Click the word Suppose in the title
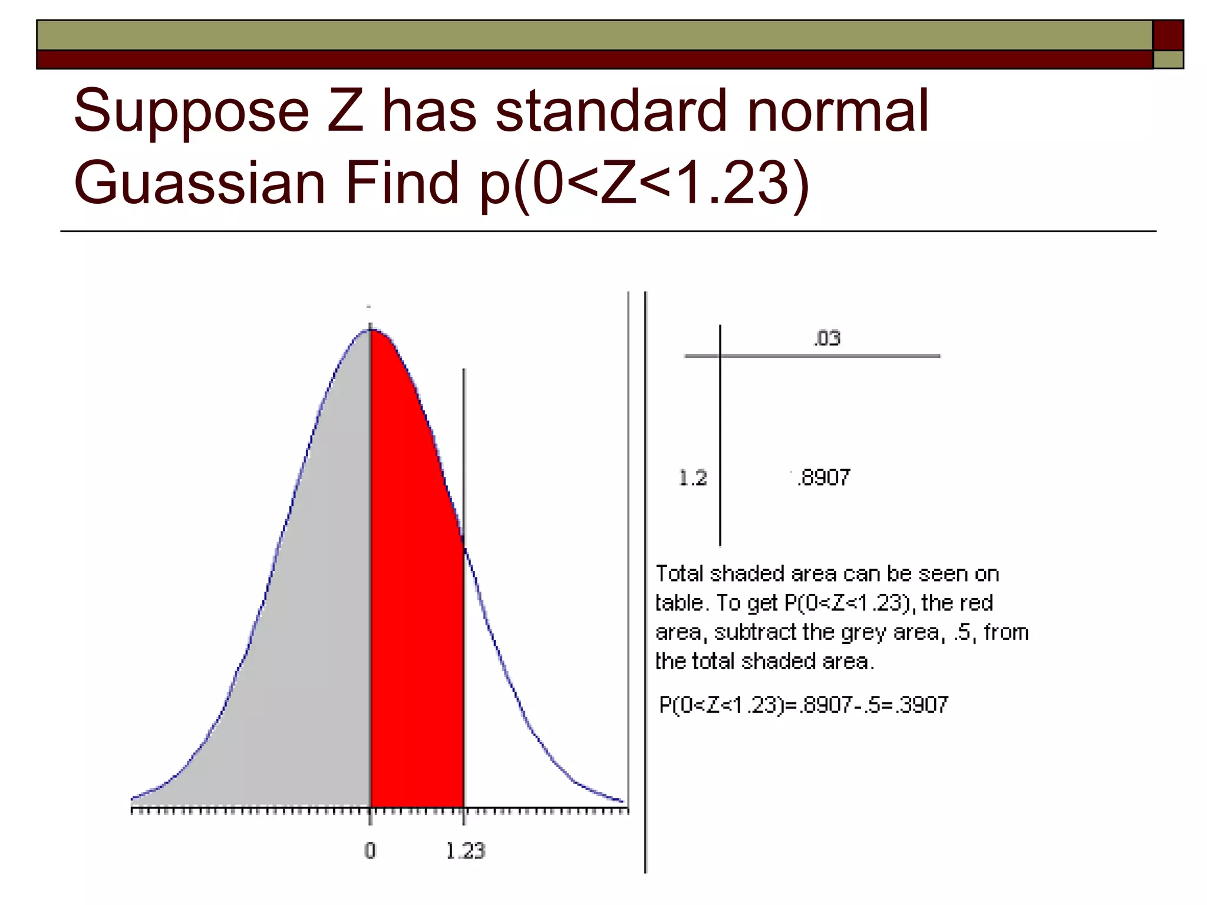[x=192, y=112]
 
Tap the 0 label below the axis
[x=370, y=851]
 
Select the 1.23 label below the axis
[x=465, y=851]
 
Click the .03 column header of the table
[x=827, y=338]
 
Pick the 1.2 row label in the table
[x=692, y=477]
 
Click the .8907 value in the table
[x=823, y=477]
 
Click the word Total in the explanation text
[x=680, y=573]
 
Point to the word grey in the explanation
[x=865, y=632]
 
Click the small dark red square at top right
[x=1168, y=35]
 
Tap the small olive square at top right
[x=1168, y=60]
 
